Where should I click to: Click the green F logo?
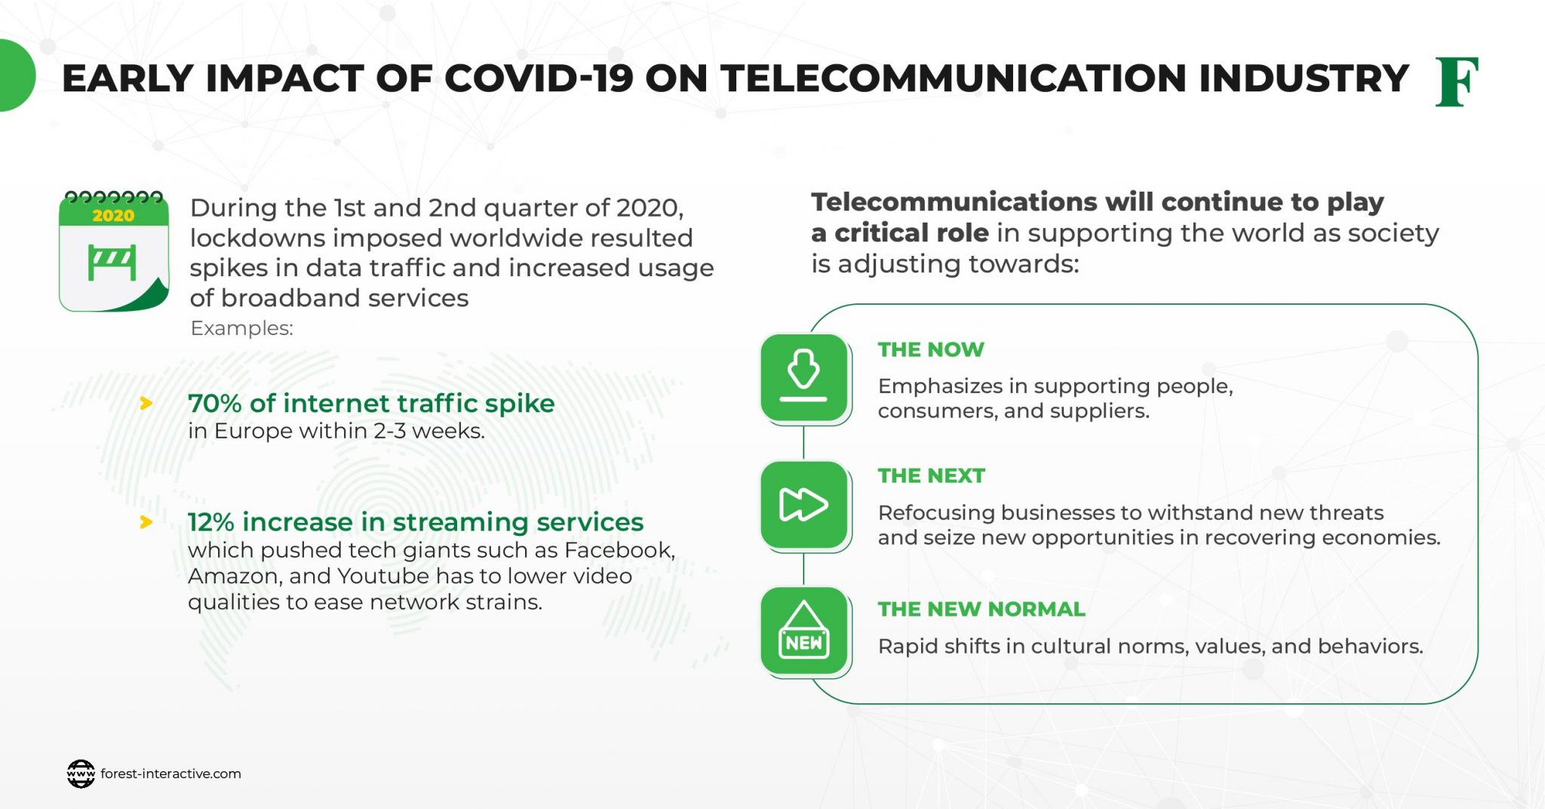pos(1456,82)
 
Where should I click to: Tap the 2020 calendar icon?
pos(114,251)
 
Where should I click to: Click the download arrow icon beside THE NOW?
pos(803,377)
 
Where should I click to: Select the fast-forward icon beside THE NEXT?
pos(803,504)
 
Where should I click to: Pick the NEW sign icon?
pos(803,631)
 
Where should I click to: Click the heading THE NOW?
pos(931,349)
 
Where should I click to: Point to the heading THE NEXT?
pos(931,475)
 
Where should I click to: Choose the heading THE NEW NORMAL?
pos(981,609)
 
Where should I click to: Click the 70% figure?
pos(214,404)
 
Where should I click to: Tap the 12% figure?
pos(210,522)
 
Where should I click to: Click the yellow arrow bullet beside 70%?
pos(146,404)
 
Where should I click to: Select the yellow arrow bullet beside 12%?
pos(146,522)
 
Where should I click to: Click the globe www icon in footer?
pos(81,774)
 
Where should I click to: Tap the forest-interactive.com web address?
pos(170,774)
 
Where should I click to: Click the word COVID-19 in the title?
pos(539,78)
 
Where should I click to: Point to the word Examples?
pos(241,328)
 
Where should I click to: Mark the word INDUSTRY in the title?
pos(1303,78)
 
